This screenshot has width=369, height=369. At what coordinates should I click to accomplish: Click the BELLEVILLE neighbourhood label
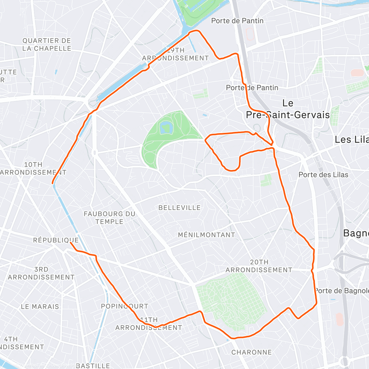[x=179, y=208]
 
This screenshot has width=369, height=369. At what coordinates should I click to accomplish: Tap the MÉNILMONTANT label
[x=206, y=235]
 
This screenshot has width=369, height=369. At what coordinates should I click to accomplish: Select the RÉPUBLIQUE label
[x=56, y=240]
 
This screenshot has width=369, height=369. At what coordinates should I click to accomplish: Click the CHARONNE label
[x=252, y=352]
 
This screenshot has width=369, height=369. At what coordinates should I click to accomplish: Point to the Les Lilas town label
[x=351, y=140]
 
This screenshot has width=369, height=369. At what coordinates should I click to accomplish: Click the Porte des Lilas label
[x=323, y=175]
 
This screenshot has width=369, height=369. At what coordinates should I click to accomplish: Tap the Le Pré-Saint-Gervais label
[x=288, y=109]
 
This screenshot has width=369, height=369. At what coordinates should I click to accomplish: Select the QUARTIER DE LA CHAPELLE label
[x=46, y=45]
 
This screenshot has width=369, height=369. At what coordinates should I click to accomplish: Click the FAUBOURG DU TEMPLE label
[x=109, y=218]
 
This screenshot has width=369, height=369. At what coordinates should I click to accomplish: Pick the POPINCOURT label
[x=125, y=306]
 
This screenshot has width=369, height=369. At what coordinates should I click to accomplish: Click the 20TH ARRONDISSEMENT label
[x=259, y=266]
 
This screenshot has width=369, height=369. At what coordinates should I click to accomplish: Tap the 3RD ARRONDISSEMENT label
[x=41, y=273]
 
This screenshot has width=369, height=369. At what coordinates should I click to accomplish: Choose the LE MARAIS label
[x=40, y=307]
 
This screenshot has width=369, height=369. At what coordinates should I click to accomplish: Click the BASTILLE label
[x=93, y=366]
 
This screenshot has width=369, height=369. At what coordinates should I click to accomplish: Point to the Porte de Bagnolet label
[x=341, y=291]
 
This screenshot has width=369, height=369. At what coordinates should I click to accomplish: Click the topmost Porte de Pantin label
[x=237, y=21]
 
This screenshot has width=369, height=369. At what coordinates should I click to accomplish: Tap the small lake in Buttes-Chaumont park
[x=166, y=127]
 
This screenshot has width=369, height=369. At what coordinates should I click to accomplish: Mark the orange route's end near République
[x=71, y=243]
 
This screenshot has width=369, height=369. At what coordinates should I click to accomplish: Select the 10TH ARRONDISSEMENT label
[x=33, y=169]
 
